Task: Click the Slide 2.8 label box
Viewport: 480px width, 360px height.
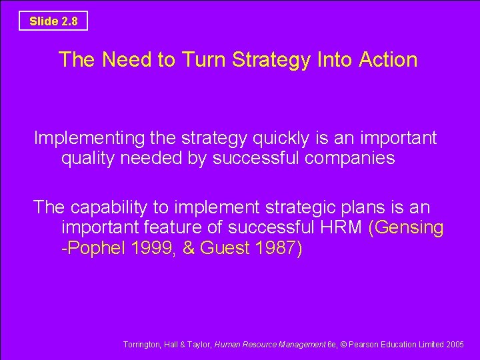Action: coord(53,21)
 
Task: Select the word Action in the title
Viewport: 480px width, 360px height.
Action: coord(388,60)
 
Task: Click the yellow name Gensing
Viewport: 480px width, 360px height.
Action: coord(409,228)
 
